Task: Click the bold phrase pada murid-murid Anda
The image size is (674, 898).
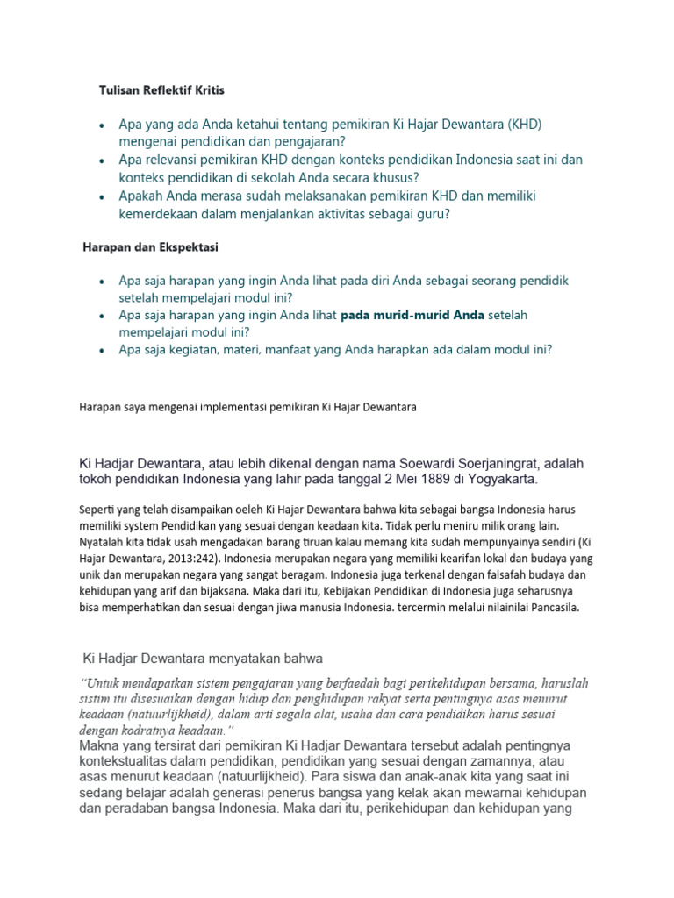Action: [x=412, y=315]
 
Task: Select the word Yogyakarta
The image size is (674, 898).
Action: [x=498, y=479]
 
